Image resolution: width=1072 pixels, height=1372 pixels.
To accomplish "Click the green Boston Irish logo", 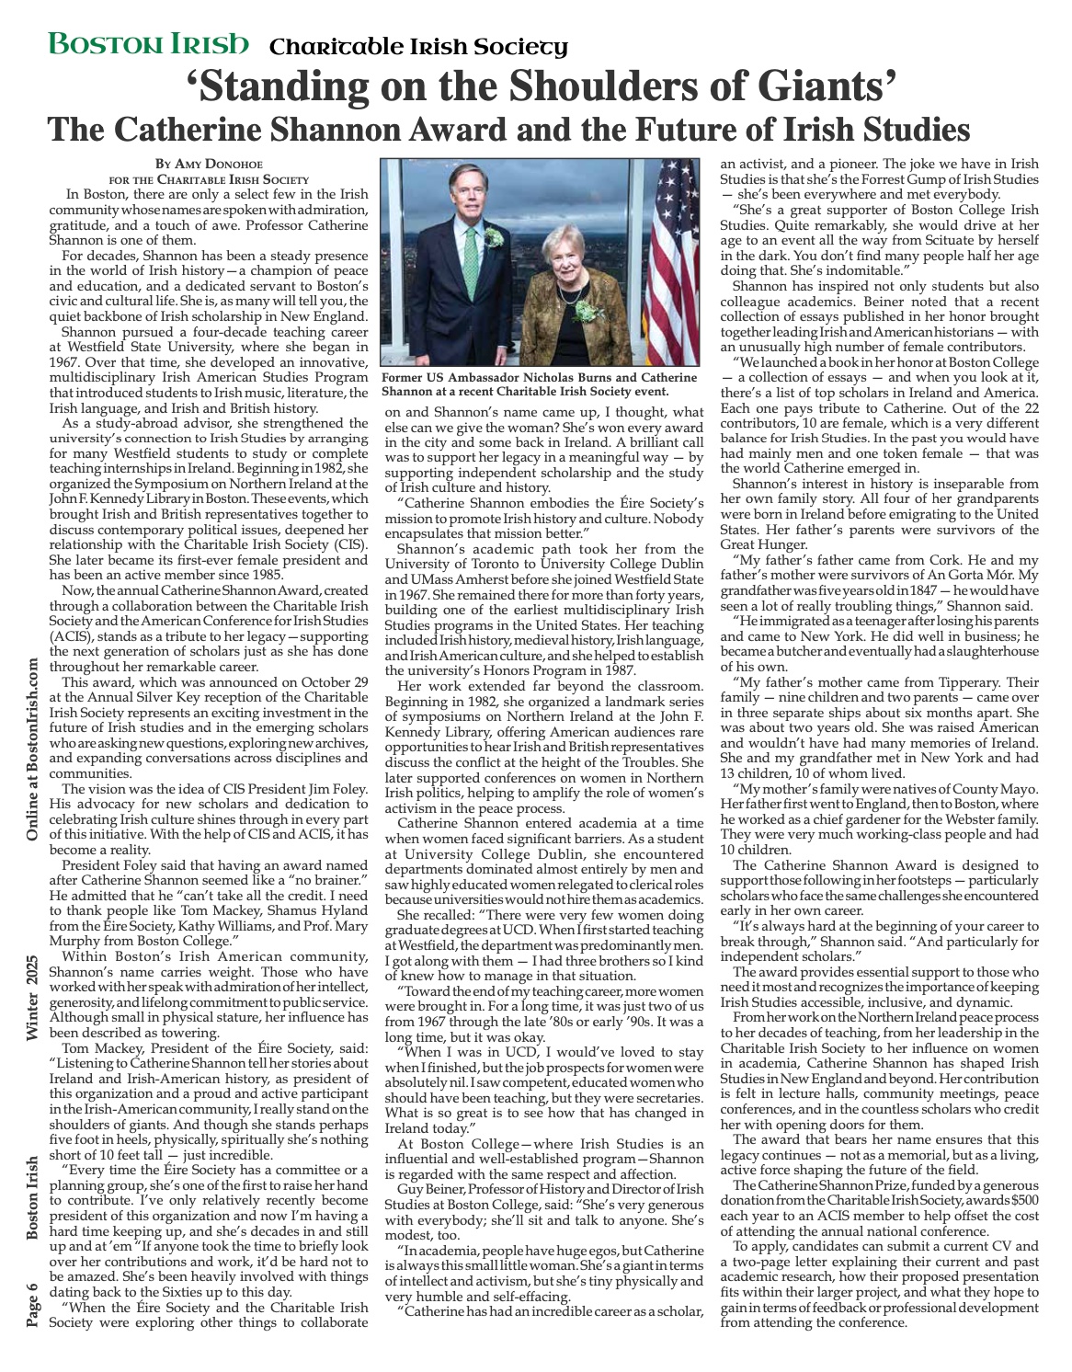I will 148,43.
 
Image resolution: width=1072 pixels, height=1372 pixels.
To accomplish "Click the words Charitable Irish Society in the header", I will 418,46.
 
